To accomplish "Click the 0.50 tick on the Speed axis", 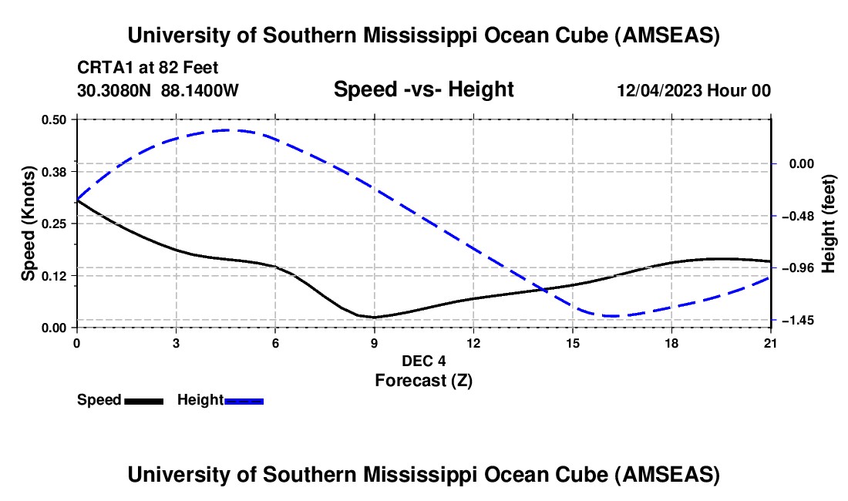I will tap(53, 119).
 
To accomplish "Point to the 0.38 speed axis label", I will tap(53, 171).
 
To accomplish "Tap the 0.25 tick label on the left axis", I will tap(53, 224).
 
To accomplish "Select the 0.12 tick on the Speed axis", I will tap(53, 276).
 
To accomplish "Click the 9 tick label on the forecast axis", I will tap(375, 343).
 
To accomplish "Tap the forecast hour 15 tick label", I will tap(573, 343).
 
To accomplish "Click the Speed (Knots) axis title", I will tap(29, 224).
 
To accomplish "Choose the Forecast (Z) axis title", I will tap(423, 380).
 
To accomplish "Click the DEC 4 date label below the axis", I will tap(423, 361).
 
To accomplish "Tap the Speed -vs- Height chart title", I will tap(423, 89).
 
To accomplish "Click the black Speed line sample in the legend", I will tap(144, 400).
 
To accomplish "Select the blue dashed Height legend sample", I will tap(244, 400).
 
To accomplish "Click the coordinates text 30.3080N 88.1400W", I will tap(158, 90).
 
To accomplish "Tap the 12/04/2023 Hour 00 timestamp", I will tap(694, 90).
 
